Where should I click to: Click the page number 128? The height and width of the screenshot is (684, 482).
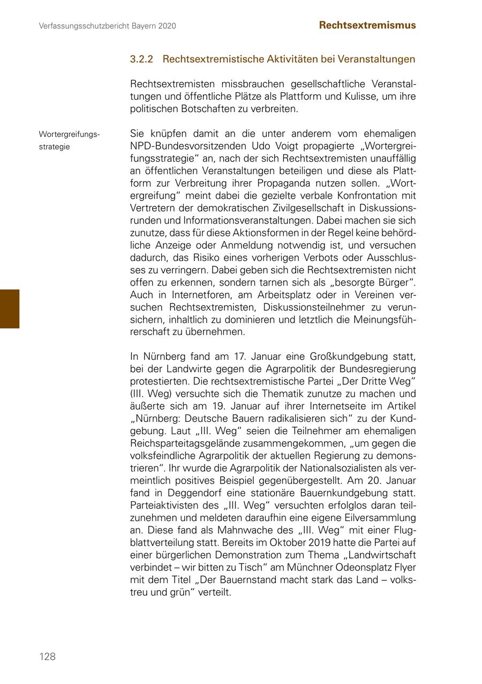coord(47,657)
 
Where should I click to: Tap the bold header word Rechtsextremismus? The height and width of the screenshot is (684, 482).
coord(367,25)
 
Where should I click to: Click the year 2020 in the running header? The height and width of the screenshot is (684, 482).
coord(165,26)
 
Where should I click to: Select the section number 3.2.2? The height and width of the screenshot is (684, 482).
coord(141,59)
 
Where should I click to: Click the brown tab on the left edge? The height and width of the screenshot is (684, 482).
coord(10,308)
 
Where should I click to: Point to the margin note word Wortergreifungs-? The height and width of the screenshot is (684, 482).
coord(69,134)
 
